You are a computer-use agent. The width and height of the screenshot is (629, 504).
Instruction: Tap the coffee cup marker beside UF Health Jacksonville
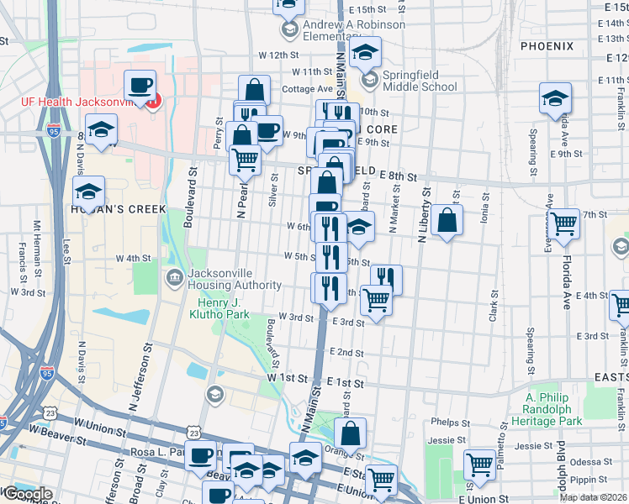[140, 86]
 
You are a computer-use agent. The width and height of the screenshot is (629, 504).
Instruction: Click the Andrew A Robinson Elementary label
[353, 30]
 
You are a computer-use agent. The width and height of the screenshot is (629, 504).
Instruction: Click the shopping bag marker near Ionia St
[449, 221]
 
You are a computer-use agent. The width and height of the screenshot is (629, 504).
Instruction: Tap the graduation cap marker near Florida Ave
[554, 99]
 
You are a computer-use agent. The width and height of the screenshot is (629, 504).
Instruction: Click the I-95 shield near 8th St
[55, 131]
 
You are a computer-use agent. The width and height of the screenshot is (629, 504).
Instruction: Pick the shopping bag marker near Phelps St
[351, 434]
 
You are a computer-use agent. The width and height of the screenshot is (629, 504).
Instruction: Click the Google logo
[28, 494]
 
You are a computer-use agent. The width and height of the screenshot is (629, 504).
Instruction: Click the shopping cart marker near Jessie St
[479, 465]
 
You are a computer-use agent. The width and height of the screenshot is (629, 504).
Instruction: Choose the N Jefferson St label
[140, 385]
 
